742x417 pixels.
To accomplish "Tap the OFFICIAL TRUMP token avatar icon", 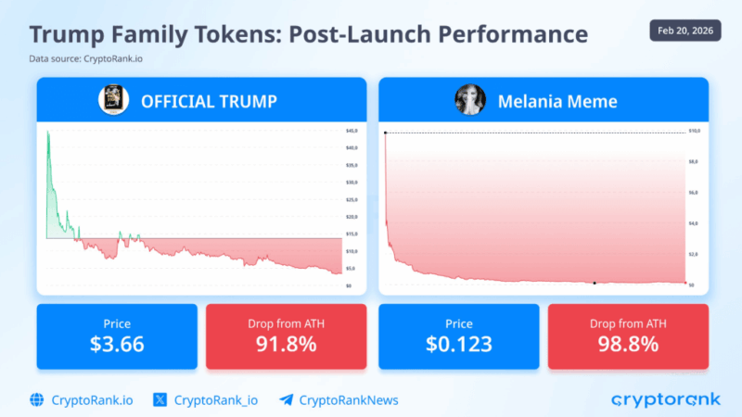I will [113, 99].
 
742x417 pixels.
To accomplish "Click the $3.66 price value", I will [117, 344].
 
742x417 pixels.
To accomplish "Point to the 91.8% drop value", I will [286, 344].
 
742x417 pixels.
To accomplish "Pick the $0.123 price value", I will [459, 344].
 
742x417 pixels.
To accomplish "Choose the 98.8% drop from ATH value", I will [628, 344].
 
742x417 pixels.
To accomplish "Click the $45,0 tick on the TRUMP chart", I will [352, 131].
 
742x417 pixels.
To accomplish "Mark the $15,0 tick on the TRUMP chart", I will [352, 234].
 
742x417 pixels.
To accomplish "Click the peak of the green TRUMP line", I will [48, 133].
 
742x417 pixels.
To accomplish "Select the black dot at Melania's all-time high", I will [386, 133].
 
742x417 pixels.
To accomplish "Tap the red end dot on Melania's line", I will [685, 283].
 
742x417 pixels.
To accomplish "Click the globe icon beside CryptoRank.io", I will [37, 399].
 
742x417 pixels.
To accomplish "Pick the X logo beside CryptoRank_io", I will [160, 399].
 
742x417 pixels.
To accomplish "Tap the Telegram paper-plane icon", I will [286, 399].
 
